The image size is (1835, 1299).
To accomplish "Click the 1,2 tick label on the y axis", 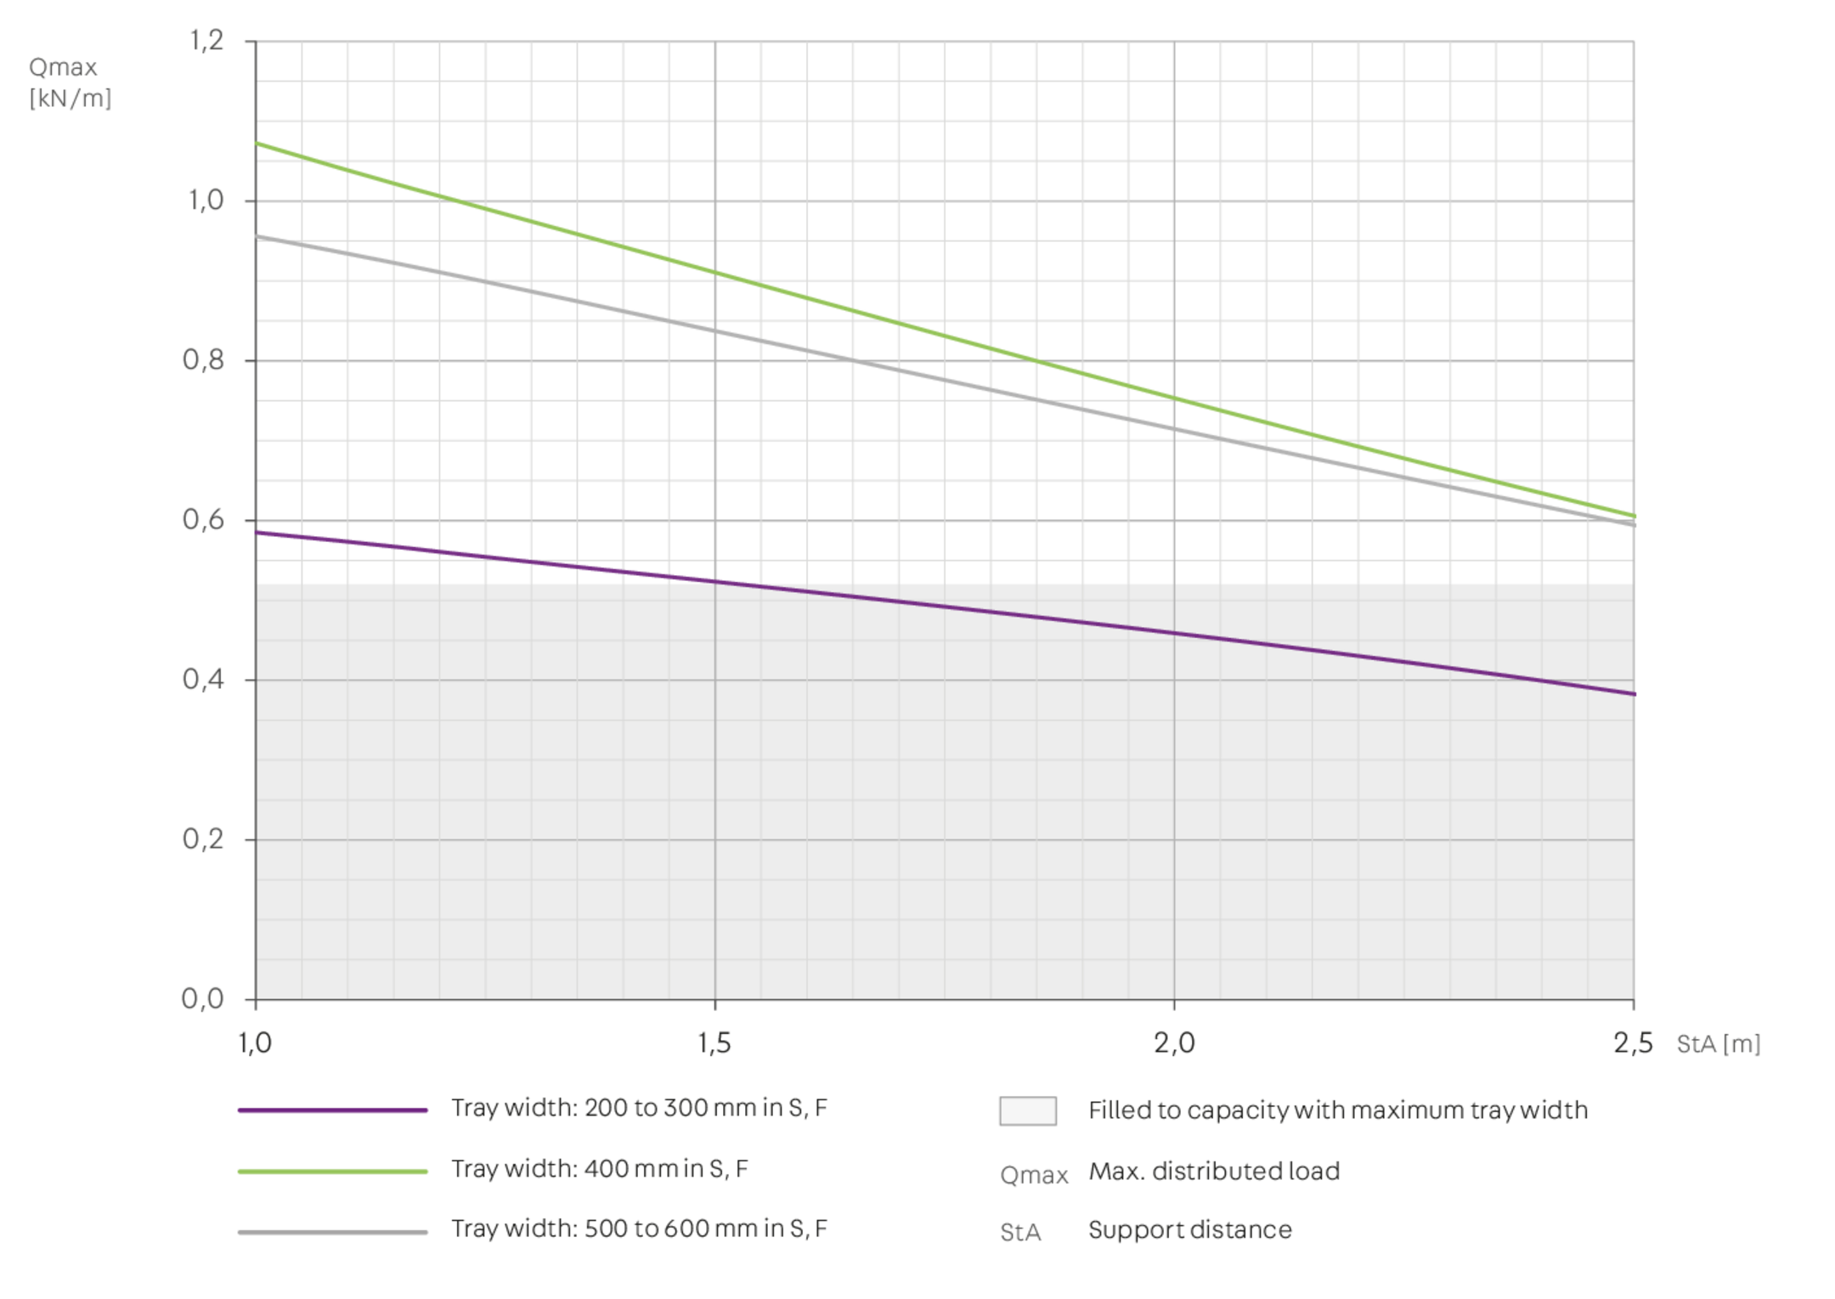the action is coord(206,41).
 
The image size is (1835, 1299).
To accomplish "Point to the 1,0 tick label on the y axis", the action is coord(206,200).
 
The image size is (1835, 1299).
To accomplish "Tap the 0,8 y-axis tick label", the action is coord(204,360).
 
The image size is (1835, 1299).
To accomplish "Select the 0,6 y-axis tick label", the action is coord(204,520).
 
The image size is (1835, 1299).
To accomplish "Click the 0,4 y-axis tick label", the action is coord(204,680).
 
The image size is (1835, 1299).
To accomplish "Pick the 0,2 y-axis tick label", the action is coord(204,839).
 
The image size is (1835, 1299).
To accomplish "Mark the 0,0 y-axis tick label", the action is coord(204,999).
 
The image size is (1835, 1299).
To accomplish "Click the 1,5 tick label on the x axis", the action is coord(714,1043).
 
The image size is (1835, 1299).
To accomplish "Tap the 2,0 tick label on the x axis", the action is coord(1174,1043).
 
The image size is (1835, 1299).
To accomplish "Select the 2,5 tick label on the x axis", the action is coord(1633,1043).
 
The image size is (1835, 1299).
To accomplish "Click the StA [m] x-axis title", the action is coord(1718,1044).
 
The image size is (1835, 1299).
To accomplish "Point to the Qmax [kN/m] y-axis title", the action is coord(70,82).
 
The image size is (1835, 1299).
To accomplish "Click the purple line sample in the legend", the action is coord(333,1110).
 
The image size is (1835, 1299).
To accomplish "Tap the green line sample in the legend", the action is coord(333,1171).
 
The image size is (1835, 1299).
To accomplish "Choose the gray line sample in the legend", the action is coord(333,1231).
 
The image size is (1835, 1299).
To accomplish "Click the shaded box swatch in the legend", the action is coord(1028,1110).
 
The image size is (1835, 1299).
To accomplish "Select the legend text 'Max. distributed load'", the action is coord(1214,1172).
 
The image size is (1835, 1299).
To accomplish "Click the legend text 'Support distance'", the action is coord(1190,1230).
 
